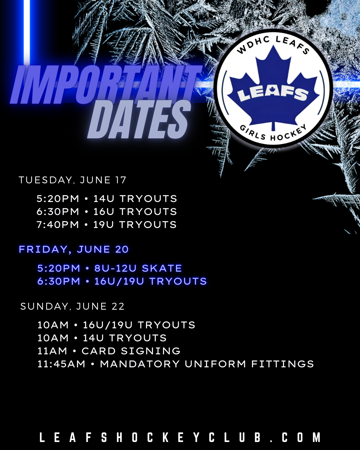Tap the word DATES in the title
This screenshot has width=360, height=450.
(x=139, y=119)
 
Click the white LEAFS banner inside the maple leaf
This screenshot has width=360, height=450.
(x=273, y=94)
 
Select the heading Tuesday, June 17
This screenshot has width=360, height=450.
(x=73, y=180)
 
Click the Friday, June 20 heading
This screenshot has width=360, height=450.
(x=74, y=249)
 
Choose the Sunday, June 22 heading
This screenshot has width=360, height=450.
(x=72, y=306)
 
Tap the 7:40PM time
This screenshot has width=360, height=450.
(x=58, y=225)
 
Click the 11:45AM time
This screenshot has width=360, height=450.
(x=61, y=364)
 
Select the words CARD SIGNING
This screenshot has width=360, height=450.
(x=131, y=351)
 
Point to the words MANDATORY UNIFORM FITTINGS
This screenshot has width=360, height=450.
(x=207, y=364)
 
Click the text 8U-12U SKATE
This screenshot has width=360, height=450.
(x=138, y=268)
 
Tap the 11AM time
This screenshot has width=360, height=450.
(x=52, y=351)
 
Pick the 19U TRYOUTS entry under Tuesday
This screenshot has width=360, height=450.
(x=135, y=225)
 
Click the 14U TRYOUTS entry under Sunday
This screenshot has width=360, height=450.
(x=125, y=338)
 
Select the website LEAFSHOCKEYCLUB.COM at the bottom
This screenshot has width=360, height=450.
(x=180, y=438)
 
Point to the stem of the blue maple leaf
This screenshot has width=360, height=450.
(x=273, y=127)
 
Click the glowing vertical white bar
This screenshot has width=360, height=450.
(x=27, y=31)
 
